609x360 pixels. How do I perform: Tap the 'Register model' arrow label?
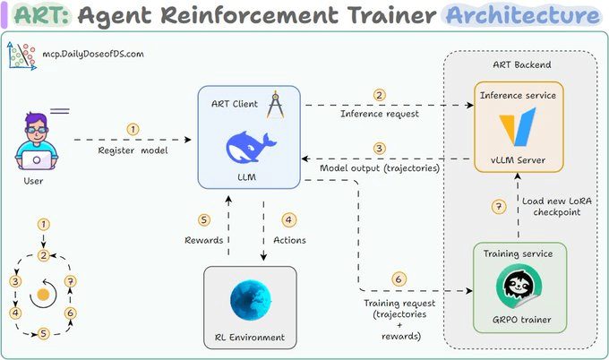133,150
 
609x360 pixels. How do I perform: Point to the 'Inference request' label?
381,114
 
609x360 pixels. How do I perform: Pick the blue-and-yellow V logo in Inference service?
519,126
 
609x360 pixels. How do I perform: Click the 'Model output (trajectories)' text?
380,168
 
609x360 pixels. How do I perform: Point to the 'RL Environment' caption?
250,338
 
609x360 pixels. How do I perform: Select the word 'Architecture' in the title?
522,15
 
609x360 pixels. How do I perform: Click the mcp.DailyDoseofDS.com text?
93,54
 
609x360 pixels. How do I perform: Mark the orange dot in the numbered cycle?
42,295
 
